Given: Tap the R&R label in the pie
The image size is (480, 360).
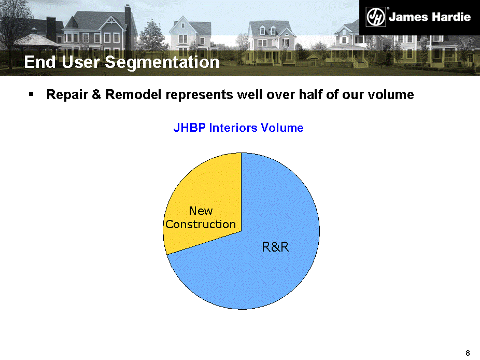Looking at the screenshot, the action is coord(275,247).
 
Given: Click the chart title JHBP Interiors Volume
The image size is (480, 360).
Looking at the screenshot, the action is coord(238,128).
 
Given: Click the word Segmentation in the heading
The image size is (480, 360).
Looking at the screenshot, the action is coord(162,62).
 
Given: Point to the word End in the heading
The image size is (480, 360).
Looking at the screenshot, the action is coord(40,62).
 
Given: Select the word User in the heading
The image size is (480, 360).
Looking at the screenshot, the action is coord(80,62).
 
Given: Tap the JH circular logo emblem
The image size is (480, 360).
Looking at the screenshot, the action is coord(376,17).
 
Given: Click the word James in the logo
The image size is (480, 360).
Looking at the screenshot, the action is coord(408,17).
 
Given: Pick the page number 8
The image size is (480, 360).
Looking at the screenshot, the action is coord(468,353).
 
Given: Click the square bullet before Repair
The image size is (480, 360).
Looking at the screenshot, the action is coord(31,94).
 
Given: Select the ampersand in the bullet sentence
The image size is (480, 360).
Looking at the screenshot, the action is coord(96,95).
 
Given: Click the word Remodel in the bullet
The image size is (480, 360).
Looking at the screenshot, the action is coord(133,95).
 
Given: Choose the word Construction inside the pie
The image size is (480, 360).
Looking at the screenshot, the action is coord(201,224).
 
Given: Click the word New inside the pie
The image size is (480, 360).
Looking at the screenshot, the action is coord(201,211).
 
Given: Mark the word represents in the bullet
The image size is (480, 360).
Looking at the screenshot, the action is coord(199,95).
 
